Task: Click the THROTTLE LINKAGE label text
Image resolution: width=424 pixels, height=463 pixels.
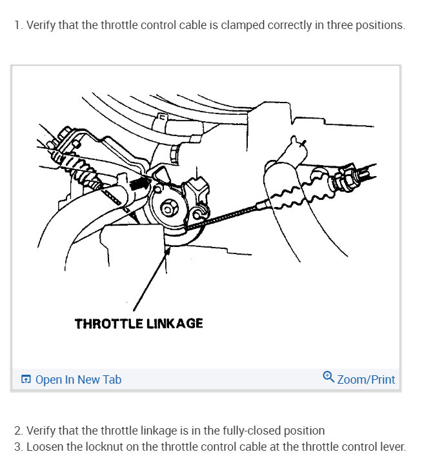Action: [x=139, y=323]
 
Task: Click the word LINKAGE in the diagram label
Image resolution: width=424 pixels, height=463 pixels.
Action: [x=172, y=323]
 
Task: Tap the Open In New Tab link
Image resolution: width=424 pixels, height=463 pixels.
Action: [x=77, y=380]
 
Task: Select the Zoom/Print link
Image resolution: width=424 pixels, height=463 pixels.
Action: [x=366, y=380]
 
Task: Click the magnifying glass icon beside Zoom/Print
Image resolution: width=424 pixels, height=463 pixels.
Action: [x=328, y=377]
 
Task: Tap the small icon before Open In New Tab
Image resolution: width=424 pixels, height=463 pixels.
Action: [x=26, y=380]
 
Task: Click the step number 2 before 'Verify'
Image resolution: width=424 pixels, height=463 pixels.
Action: [x=17, y=430]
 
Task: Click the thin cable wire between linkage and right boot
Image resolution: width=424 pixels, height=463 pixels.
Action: [x=226, y=215]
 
